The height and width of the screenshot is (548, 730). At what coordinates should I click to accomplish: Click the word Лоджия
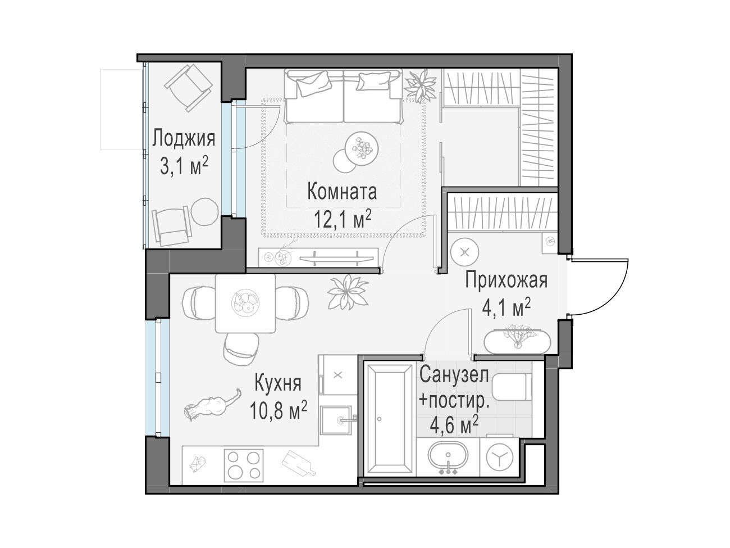184,139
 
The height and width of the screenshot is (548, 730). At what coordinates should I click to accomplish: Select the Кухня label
278,384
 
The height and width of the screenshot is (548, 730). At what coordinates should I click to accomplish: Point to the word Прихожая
506,280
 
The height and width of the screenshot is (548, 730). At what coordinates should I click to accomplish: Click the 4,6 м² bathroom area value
454,425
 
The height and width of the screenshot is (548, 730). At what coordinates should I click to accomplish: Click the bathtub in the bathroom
389,418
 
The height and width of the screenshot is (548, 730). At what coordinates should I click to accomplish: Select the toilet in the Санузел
512,387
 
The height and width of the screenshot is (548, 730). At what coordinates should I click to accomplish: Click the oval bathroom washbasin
448,455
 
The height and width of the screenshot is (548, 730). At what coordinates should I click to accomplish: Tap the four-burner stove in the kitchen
244,465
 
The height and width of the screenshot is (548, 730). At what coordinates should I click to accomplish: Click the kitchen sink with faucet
337,420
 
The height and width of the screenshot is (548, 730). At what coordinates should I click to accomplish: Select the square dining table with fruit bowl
245,303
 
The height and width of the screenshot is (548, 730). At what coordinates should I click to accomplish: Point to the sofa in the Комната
344,96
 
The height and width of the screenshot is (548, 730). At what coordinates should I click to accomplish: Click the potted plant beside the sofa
420,85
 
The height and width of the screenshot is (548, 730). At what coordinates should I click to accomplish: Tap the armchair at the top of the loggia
189,88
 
